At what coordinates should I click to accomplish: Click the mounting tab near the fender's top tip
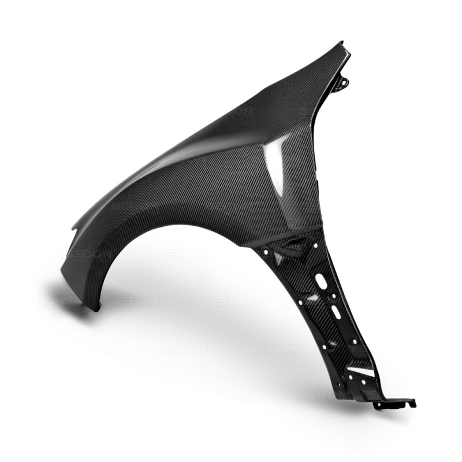(341, 84)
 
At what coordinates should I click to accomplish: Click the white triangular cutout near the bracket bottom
(362, 372)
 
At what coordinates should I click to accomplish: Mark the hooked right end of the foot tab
(412, 402)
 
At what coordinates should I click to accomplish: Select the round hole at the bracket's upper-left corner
(265, 252)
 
